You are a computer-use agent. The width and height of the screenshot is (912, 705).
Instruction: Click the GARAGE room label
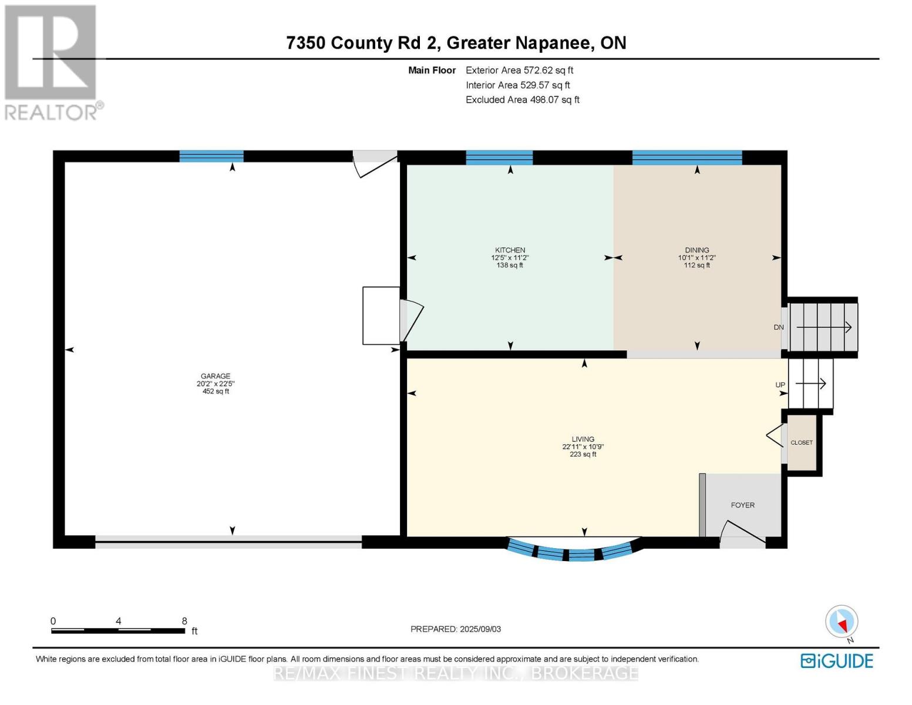(x=216, y=376)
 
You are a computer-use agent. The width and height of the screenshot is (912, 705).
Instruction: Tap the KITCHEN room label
(x=510, y=250)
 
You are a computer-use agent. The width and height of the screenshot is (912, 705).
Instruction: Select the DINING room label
(x=696, y=250)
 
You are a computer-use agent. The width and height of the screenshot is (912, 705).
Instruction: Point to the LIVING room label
(x=583, y=439)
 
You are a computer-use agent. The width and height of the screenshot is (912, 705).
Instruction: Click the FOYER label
(x=742, y=505)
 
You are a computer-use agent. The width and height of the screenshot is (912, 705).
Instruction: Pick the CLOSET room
(x=801, y=442)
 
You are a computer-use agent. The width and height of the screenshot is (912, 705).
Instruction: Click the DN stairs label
(x=779, y=327)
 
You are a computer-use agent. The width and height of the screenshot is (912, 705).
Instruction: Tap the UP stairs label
(x=780, y=385)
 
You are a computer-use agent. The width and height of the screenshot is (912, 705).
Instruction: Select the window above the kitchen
(x=499, y=157)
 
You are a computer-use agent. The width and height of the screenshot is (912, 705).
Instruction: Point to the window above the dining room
(x=686, y=157)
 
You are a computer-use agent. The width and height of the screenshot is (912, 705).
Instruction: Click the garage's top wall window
(x=211, y=156)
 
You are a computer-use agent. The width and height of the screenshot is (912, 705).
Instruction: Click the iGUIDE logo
(x=836, y=661)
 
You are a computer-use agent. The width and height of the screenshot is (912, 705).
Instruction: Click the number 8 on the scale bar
(x=184, y=621)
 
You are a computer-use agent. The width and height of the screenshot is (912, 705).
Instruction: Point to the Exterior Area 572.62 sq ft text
(x=519, y=70)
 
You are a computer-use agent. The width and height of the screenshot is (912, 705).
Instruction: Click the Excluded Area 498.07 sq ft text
(x=523, y=99)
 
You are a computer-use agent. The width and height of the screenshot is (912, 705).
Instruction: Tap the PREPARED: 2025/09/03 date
(x=455, y=629)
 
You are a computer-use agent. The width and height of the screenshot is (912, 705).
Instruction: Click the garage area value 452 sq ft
(x=216, y=391)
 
